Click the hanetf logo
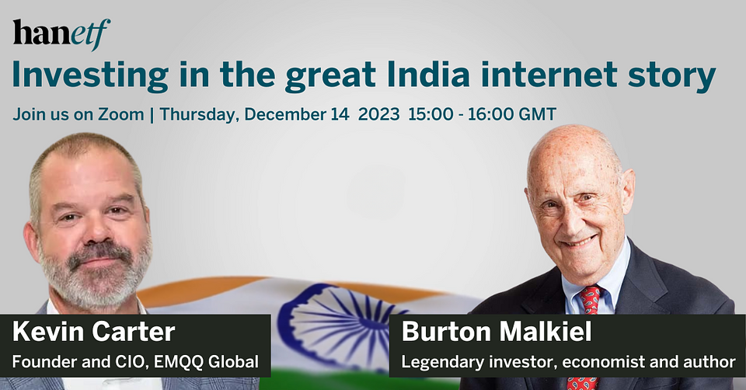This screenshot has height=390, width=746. point(61,33)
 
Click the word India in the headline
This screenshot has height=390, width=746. point(429,75)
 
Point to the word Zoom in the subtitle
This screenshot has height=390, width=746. point(121,115)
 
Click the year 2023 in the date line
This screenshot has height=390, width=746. point(378,115)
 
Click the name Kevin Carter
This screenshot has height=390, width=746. point(94,332)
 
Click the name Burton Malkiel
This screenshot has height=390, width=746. point(497,332)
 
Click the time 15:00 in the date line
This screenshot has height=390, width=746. point(431,115)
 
